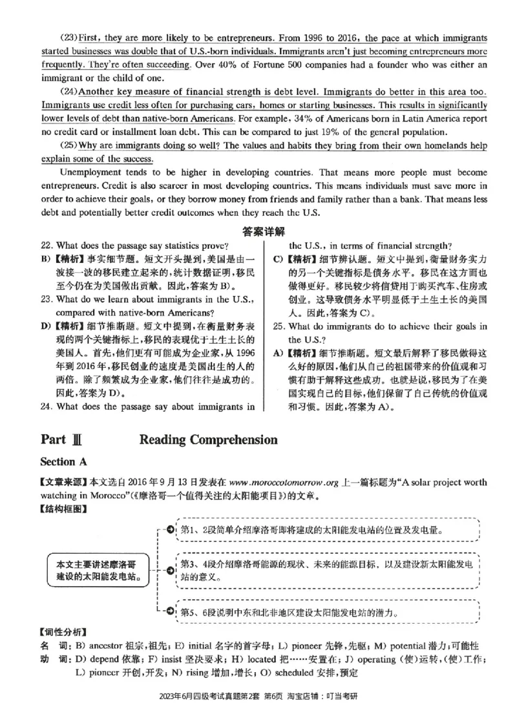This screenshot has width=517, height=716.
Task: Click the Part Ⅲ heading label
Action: coord(61,440)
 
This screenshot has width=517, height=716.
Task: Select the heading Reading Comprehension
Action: coord(208,440)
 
